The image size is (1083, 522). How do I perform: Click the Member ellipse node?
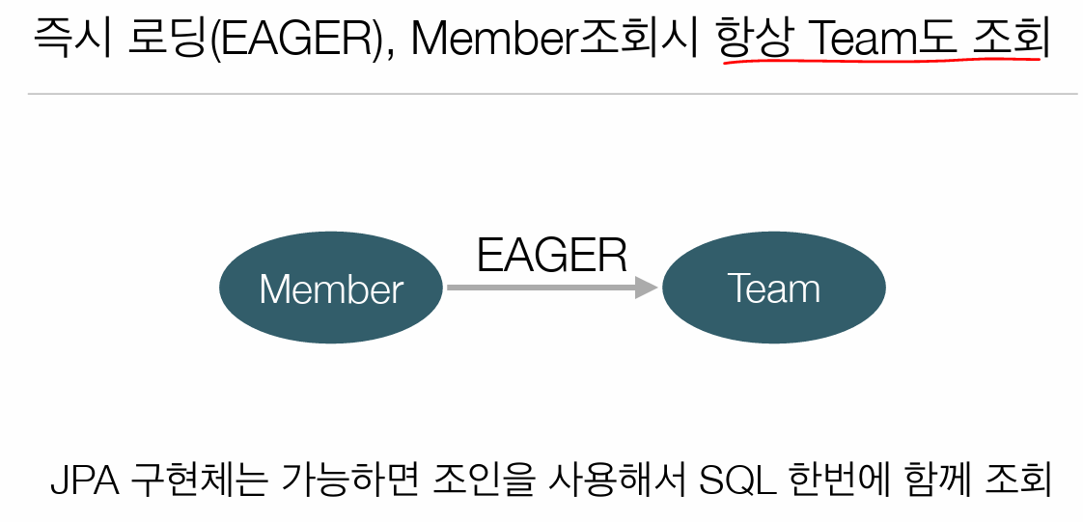[331, 288]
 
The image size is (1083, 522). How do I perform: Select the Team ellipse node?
[773, 288]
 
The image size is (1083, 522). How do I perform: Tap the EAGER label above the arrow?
[552, 256]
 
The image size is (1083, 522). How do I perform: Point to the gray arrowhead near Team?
[647, 288]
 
